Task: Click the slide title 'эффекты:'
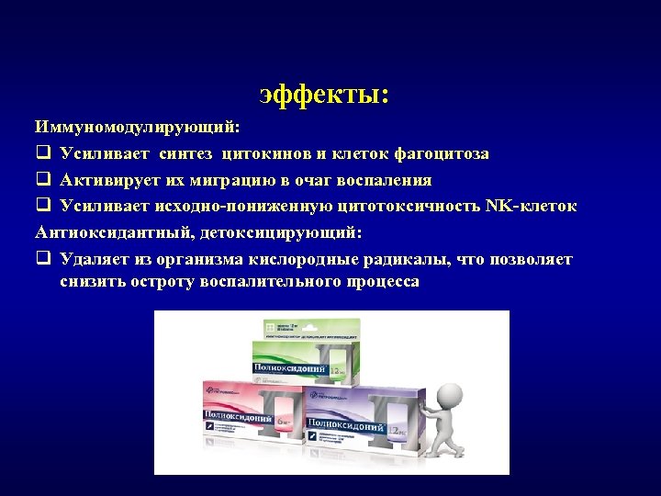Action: pos(324,95)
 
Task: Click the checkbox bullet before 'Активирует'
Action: pos(43,180)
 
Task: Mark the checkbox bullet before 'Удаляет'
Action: pos(43,260)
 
